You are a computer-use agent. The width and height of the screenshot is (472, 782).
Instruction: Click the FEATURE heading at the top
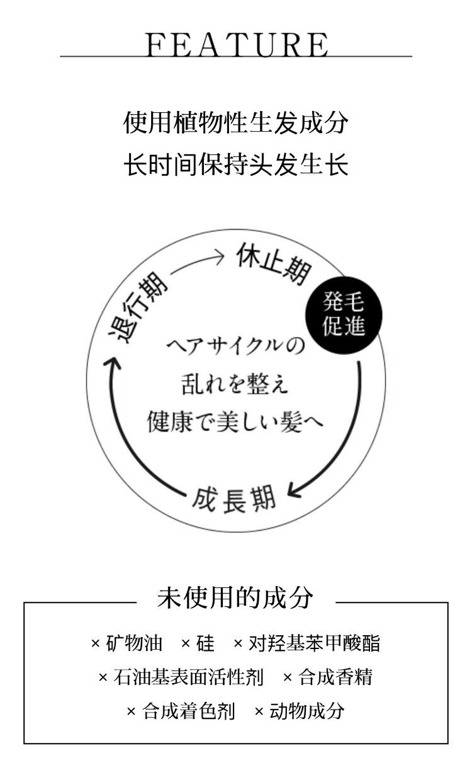click(x=236, y=43)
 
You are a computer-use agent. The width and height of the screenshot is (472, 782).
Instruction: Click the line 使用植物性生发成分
click(x=236, y=122)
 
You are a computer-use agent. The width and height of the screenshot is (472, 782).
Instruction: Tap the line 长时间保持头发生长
click(x=236, y=165)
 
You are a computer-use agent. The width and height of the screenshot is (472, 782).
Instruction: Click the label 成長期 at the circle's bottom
click(x=235, y=500)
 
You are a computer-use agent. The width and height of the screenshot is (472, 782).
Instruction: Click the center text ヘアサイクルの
click(x=235, y=347)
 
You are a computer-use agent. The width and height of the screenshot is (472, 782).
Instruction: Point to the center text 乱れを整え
click(x=235, y=384)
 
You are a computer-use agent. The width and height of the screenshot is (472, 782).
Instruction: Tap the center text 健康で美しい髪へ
click(x=235, y=420)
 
